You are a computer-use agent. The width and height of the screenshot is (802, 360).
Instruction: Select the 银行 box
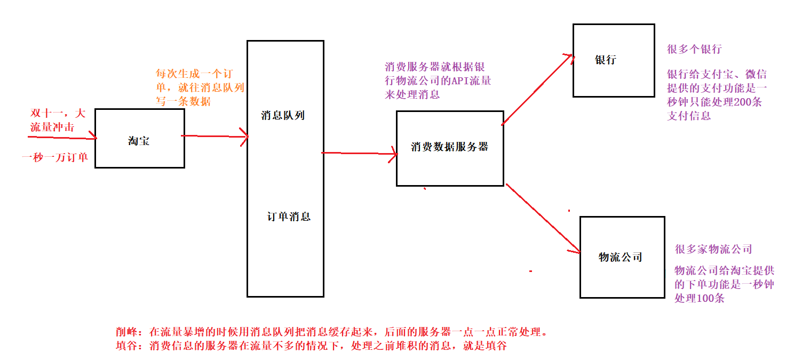point(614,60)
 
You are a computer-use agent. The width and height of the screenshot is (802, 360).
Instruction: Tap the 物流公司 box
point(622,257)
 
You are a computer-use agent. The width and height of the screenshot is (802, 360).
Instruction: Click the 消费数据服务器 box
point(449,148)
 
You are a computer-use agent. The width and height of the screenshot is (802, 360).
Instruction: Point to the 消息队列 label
point(283,115)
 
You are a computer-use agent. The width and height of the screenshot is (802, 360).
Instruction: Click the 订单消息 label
point(289,217)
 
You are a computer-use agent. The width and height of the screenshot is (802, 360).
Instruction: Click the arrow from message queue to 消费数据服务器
point(360,154)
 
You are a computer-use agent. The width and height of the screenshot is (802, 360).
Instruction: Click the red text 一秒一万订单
point(55,157)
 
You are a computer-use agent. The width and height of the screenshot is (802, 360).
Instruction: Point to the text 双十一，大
point(58,113)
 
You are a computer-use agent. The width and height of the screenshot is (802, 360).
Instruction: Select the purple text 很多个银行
point(694,50)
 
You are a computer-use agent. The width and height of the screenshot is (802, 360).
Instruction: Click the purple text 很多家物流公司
point(713,249)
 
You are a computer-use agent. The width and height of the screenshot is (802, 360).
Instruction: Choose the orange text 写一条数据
point(183,101)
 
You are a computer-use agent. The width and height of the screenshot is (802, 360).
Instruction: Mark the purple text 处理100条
point(699,298)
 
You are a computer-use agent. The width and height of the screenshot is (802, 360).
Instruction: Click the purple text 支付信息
point(689,115)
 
